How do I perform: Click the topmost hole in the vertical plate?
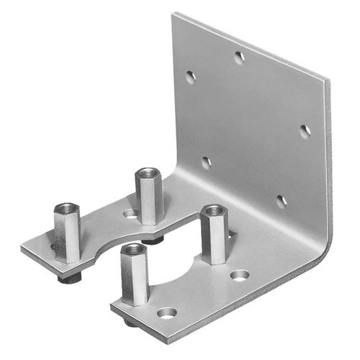[x=239, y=58]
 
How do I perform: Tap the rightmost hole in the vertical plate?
[x=305, y=131]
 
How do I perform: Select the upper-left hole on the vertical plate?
[x=190, y=76]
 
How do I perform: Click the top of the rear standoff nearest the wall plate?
[x=148, y=173]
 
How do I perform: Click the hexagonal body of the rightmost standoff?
[x=214, y=238]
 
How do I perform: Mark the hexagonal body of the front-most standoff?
[x=134, y=277]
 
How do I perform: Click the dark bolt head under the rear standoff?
[x=152, y=238]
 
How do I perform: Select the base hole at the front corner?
[x=166, y=312]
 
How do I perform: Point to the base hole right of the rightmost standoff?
[x=240, y=274]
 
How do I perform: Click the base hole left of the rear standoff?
[x=130, y=213]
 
